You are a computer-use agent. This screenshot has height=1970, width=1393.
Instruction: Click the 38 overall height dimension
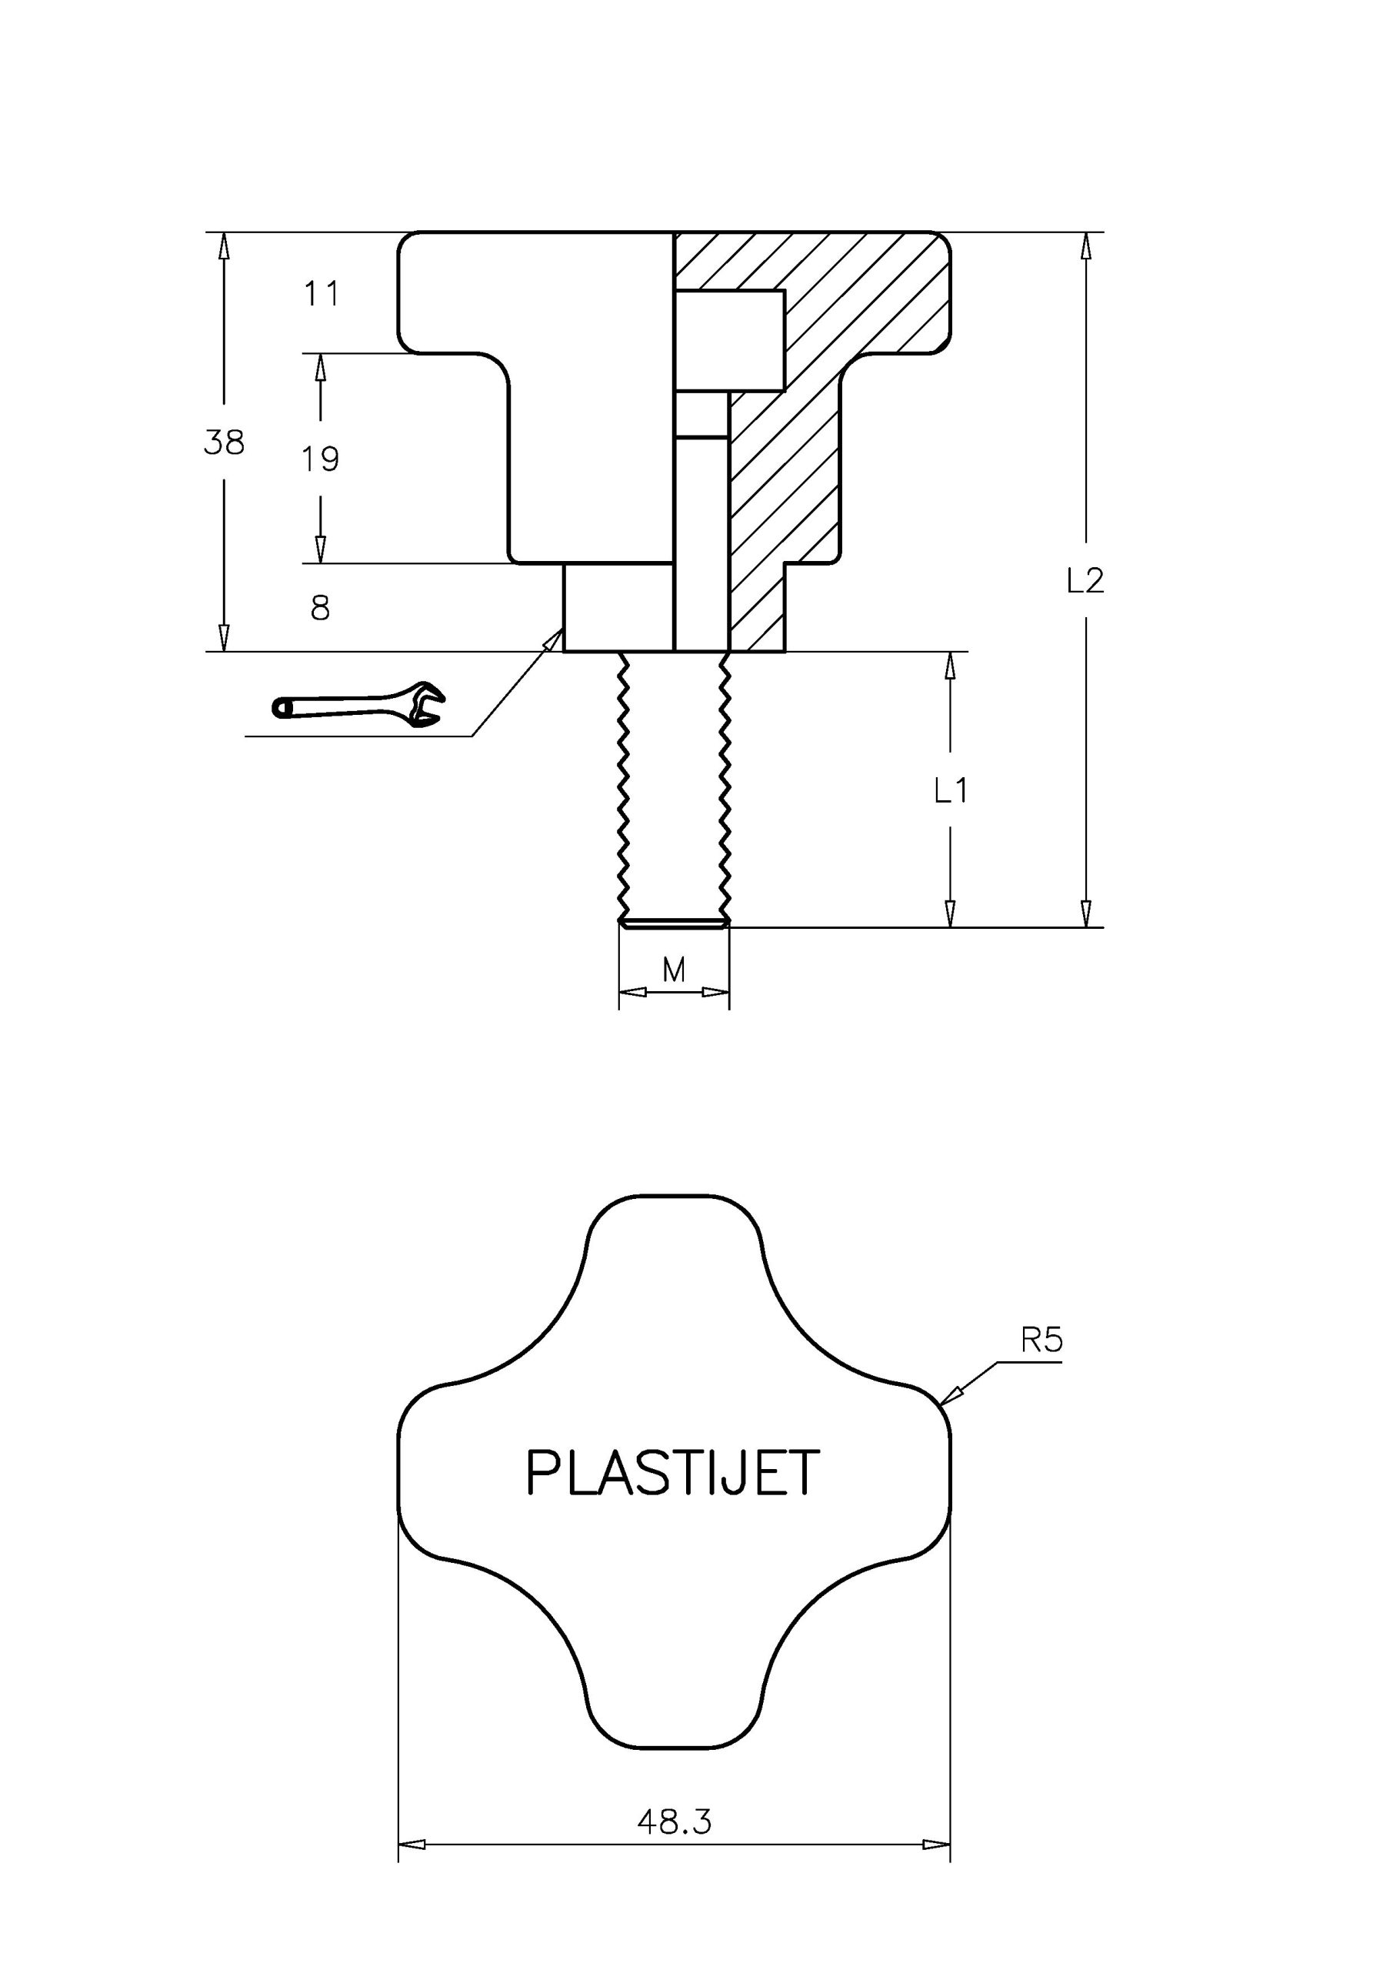click(x=224, y=442)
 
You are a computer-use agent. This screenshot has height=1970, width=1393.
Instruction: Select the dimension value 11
click(x=322, y=294)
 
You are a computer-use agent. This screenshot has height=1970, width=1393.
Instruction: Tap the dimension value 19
click(x=320, y=460)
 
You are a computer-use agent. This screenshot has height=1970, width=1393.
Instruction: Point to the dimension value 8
click(x=320, y=609)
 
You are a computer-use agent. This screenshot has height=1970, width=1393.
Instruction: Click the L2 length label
click(x=1085, y=582)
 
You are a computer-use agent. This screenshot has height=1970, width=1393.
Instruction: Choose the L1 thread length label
click(x=951, y=790)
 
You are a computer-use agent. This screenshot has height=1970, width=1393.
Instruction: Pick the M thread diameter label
click(x=675, y=970)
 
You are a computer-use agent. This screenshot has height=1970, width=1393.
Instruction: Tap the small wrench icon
click(x=358, y=706)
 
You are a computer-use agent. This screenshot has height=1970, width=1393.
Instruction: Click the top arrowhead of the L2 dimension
click(x=1086, y=246)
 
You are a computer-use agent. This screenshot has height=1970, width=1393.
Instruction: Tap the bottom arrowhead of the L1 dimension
click(x=951, y=913)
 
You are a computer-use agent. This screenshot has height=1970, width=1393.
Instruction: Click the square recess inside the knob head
click(x=730, y=341)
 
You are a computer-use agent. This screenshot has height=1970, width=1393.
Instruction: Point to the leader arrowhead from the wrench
click(x=553, y=639)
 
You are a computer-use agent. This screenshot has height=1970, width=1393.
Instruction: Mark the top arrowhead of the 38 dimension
click(x=224, y=246)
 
